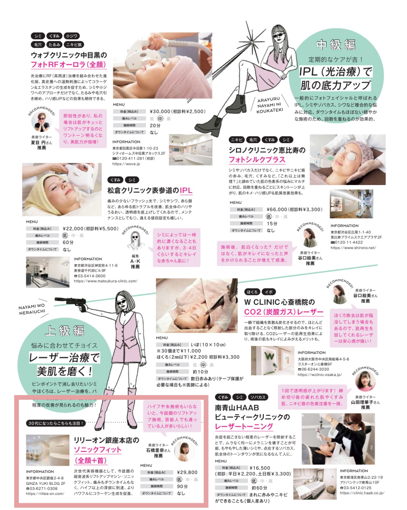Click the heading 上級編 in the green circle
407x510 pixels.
[x=64, y=330]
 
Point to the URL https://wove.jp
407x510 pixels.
[x=126, y=164]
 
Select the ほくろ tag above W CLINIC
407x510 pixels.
[x=252, y=292]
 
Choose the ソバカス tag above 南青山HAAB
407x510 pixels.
[x=258, y=397]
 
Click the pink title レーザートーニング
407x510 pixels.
[x=244, y=427]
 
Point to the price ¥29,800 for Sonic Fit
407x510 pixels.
[x=187, y=472]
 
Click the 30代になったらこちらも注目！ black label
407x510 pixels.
[x=56, y=423]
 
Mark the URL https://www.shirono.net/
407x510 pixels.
[x=353, y=248]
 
